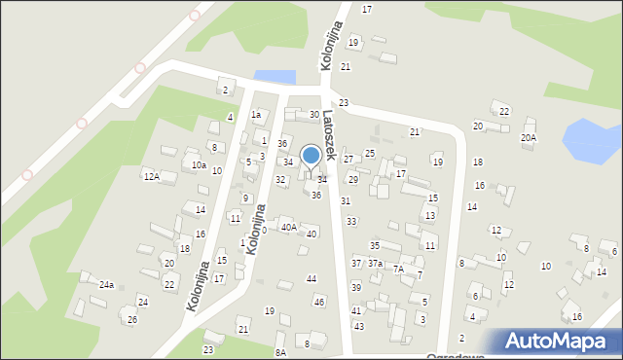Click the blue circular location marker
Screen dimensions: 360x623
pos(311,156)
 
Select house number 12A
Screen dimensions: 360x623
pos(151,176)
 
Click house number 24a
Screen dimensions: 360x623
pos(106,285)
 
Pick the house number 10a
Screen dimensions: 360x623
pos(198,165)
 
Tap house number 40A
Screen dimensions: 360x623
pos(288,227)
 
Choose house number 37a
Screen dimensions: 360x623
pos(375,264)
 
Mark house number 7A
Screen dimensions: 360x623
pos(397,270)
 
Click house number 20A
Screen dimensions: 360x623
pos(528,138)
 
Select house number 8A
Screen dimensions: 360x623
pos(280,352)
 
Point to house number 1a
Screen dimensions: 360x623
pos(256,115)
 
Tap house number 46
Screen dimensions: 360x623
pos(319,302)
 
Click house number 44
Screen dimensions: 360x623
pos(311,279)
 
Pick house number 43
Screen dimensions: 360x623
pos(358,326)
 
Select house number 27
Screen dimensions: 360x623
pos(348,159)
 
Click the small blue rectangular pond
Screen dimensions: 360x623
pos(274,76)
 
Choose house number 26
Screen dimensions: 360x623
pos(132,320)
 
